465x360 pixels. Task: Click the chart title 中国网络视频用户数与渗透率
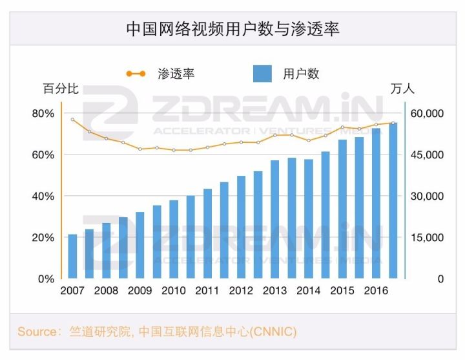tap(232, 29)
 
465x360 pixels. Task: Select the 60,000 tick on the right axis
tap(426, 114)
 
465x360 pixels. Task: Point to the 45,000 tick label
tap(426, 155)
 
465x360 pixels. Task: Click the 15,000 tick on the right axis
tap(426, 238)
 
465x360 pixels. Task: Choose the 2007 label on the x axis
tap(72, 291)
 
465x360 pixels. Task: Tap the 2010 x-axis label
tap(174, 291)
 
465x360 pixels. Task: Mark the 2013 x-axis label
tap(274, 291)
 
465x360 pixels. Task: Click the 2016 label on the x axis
tap(376, 291)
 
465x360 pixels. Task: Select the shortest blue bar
tap(72, 257)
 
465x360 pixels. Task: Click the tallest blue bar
tap(393, 200)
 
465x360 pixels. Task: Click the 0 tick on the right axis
tap(423, 279)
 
